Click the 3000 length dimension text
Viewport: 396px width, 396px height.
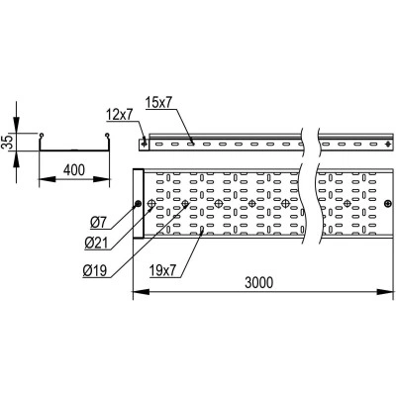tap(259, 283)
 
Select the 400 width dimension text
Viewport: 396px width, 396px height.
tap(74, 170)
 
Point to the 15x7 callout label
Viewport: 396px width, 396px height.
tap(158, 103)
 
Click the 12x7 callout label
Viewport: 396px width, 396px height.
tap(119, 115)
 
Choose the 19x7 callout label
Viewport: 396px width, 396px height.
tap(162, 271)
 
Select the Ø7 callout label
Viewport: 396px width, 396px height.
tap(99, 223)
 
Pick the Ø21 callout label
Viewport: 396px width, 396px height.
tap(96, 244)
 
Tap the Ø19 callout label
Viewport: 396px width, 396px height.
tap(95, 271)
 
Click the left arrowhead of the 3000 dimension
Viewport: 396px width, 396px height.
tap(141, 292)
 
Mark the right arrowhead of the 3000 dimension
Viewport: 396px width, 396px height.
tap(386, 292)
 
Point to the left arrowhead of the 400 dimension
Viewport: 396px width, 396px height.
tap(48, 179)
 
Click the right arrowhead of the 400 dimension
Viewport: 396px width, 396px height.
tap(101, 179)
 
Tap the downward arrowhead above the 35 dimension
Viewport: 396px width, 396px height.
tap(16, 125)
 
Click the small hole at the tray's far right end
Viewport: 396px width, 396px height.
tap(388, 204)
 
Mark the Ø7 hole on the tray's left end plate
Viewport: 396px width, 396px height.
tap(138, 203)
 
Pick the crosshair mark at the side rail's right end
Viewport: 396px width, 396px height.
tap(388, 144)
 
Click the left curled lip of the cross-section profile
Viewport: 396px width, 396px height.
tap(41, 136)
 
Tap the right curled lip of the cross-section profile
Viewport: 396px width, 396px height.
tap(107, 135)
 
